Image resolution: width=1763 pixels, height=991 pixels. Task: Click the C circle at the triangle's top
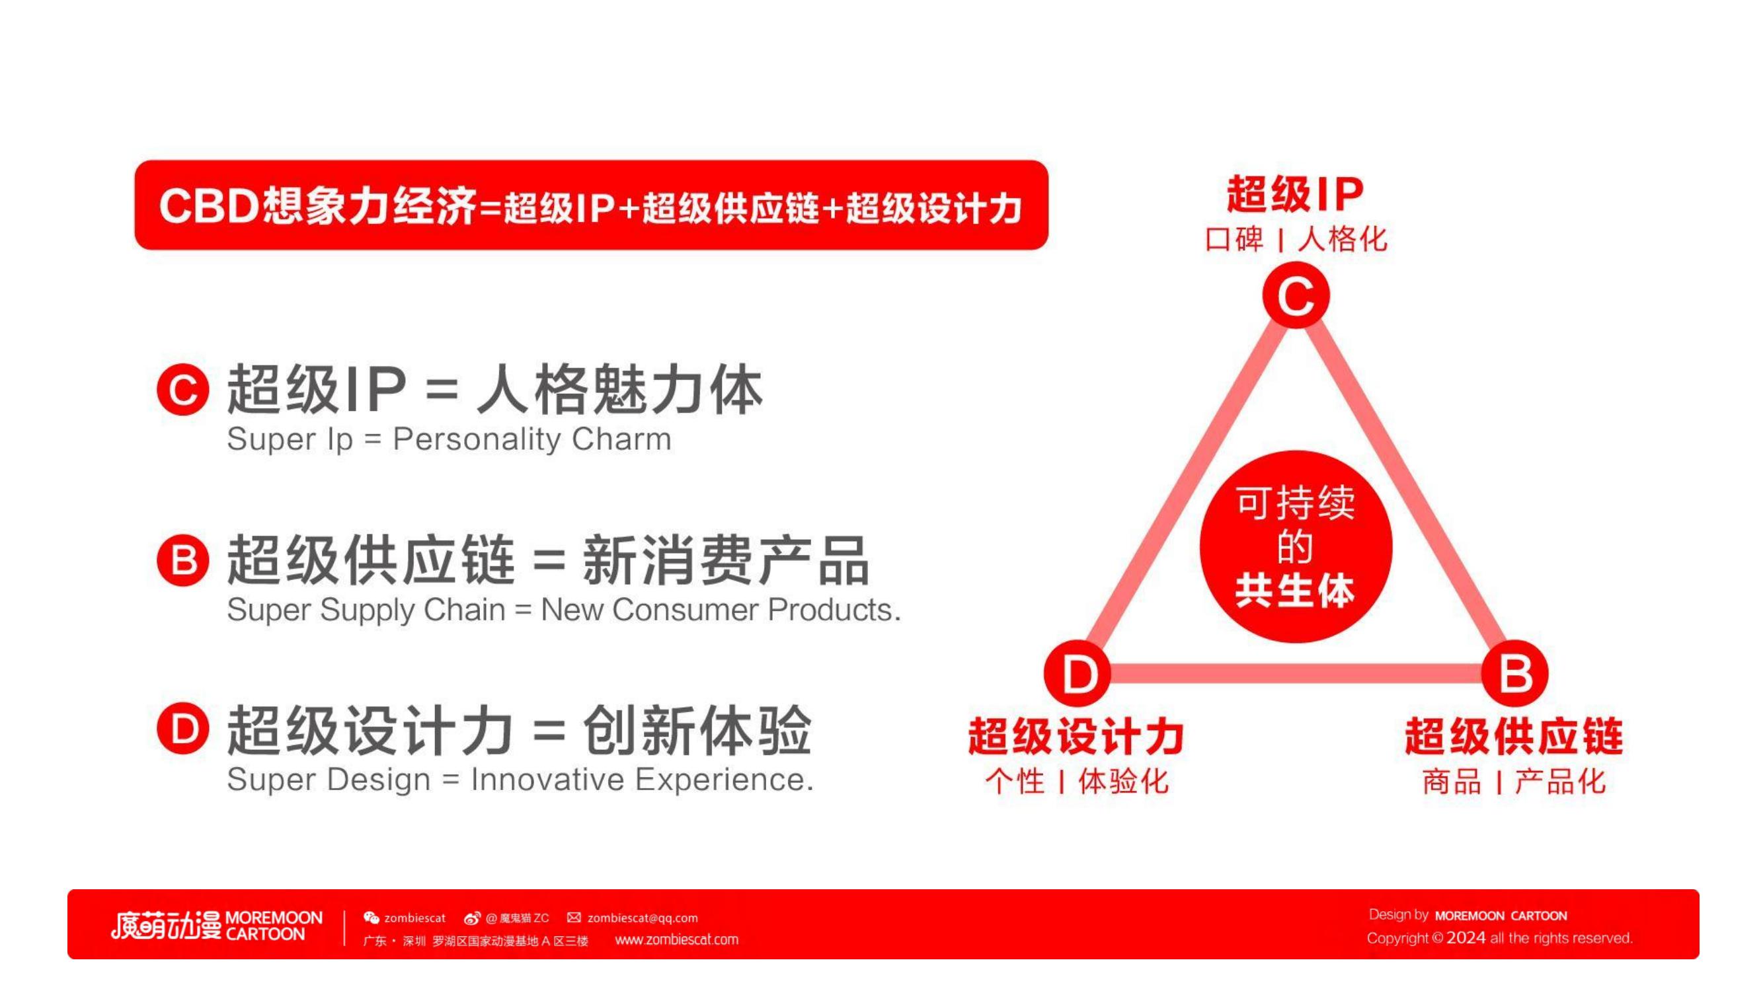coord(1296,295)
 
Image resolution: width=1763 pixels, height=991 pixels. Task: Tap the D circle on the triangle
coord(1077,673)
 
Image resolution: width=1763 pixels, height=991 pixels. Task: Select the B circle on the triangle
coord(1514,673)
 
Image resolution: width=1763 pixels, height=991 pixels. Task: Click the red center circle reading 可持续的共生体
coord(1296,546)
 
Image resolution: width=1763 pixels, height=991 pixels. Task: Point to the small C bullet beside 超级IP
coord(182,389)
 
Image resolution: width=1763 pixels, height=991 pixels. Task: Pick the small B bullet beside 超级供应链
coord(182,560)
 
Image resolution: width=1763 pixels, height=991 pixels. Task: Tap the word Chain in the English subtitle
coord(464,609)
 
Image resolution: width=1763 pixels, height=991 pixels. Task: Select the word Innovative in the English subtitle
coord(547,779)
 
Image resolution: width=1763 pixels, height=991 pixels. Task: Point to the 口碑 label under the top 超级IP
coord(1234,239)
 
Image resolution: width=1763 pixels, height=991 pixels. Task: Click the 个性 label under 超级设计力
coord(1015,781)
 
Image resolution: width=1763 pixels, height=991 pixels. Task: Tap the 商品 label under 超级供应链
coord(1452,781)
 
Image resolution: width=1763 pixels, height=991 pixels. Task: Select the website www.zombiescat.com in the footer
coord(676,939)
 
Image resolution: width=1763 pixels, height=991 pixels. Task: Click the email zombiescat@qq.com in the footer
coord(643,918)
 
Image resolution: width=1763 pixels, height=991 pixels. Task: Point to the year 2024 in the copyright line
coord(1466,937)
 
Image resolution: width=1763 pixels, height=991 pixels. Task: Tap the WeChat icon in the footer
coord(371,918)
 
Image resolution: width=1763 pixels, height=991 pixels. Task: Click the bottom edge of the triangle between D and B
coord(1296,674)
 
